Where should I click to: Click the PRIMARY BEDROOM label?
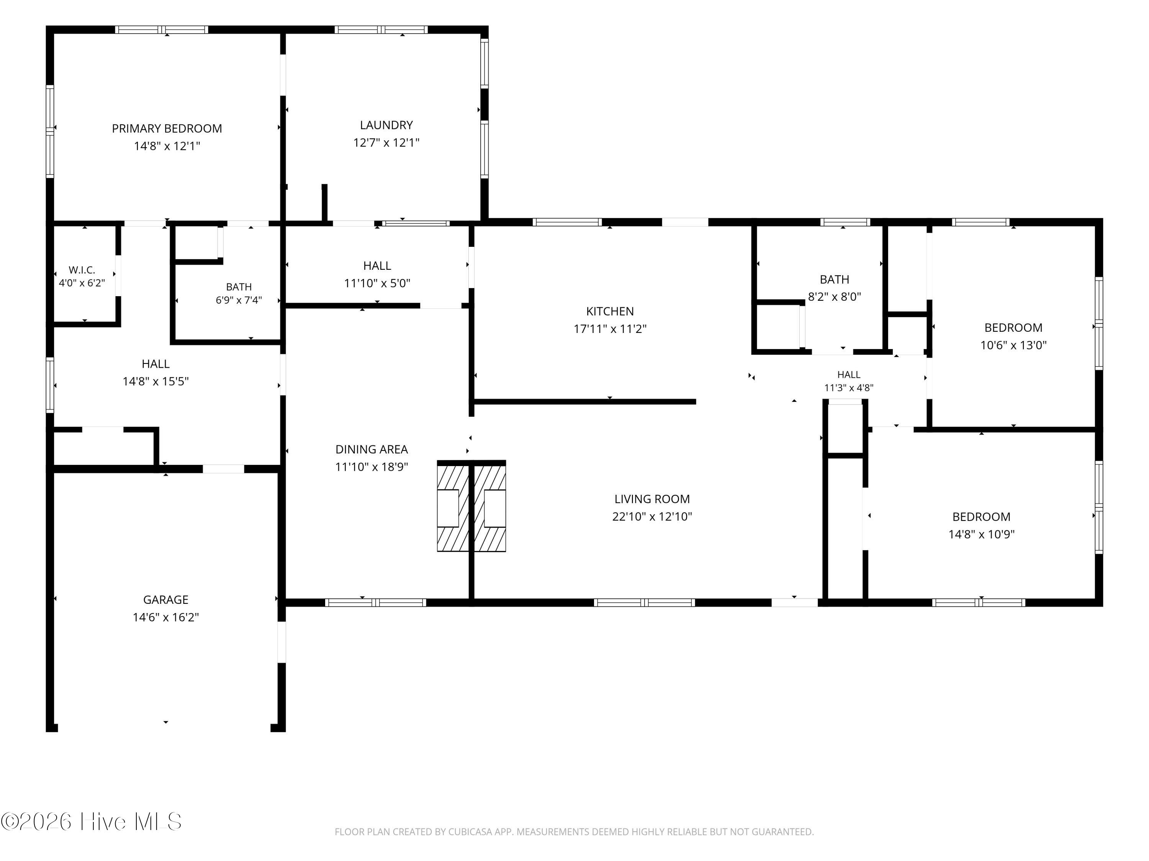[x=167, y=129]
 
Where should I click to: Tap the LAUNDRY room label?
[x=386, y=125]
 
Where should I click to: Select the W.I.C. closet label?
[x=82, y=270]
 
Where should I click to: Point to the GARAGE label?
[x=166, y=600]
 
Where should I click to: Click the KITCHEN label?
[x=610, y=311]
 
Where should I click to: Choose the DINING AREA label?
[x=372, y=450]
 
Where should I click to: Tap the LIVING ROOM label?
[x=652, y=499]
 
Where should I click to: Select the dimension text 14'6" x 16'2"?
[x=166, y=618]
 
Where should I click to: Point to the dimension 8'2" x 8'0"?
[x=834, y=297]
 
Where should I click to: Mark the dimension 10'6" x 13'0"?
[x=1013, y=345]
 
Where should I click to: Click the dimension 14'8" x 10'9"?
[x=981, y=535]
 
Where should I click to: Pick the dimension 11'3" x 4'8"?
[x=849, y=388]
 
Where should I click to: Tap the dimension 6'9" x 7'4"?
[x=239, y=300]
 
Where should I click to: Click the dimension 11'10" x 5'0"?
[x=377, y=284]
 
